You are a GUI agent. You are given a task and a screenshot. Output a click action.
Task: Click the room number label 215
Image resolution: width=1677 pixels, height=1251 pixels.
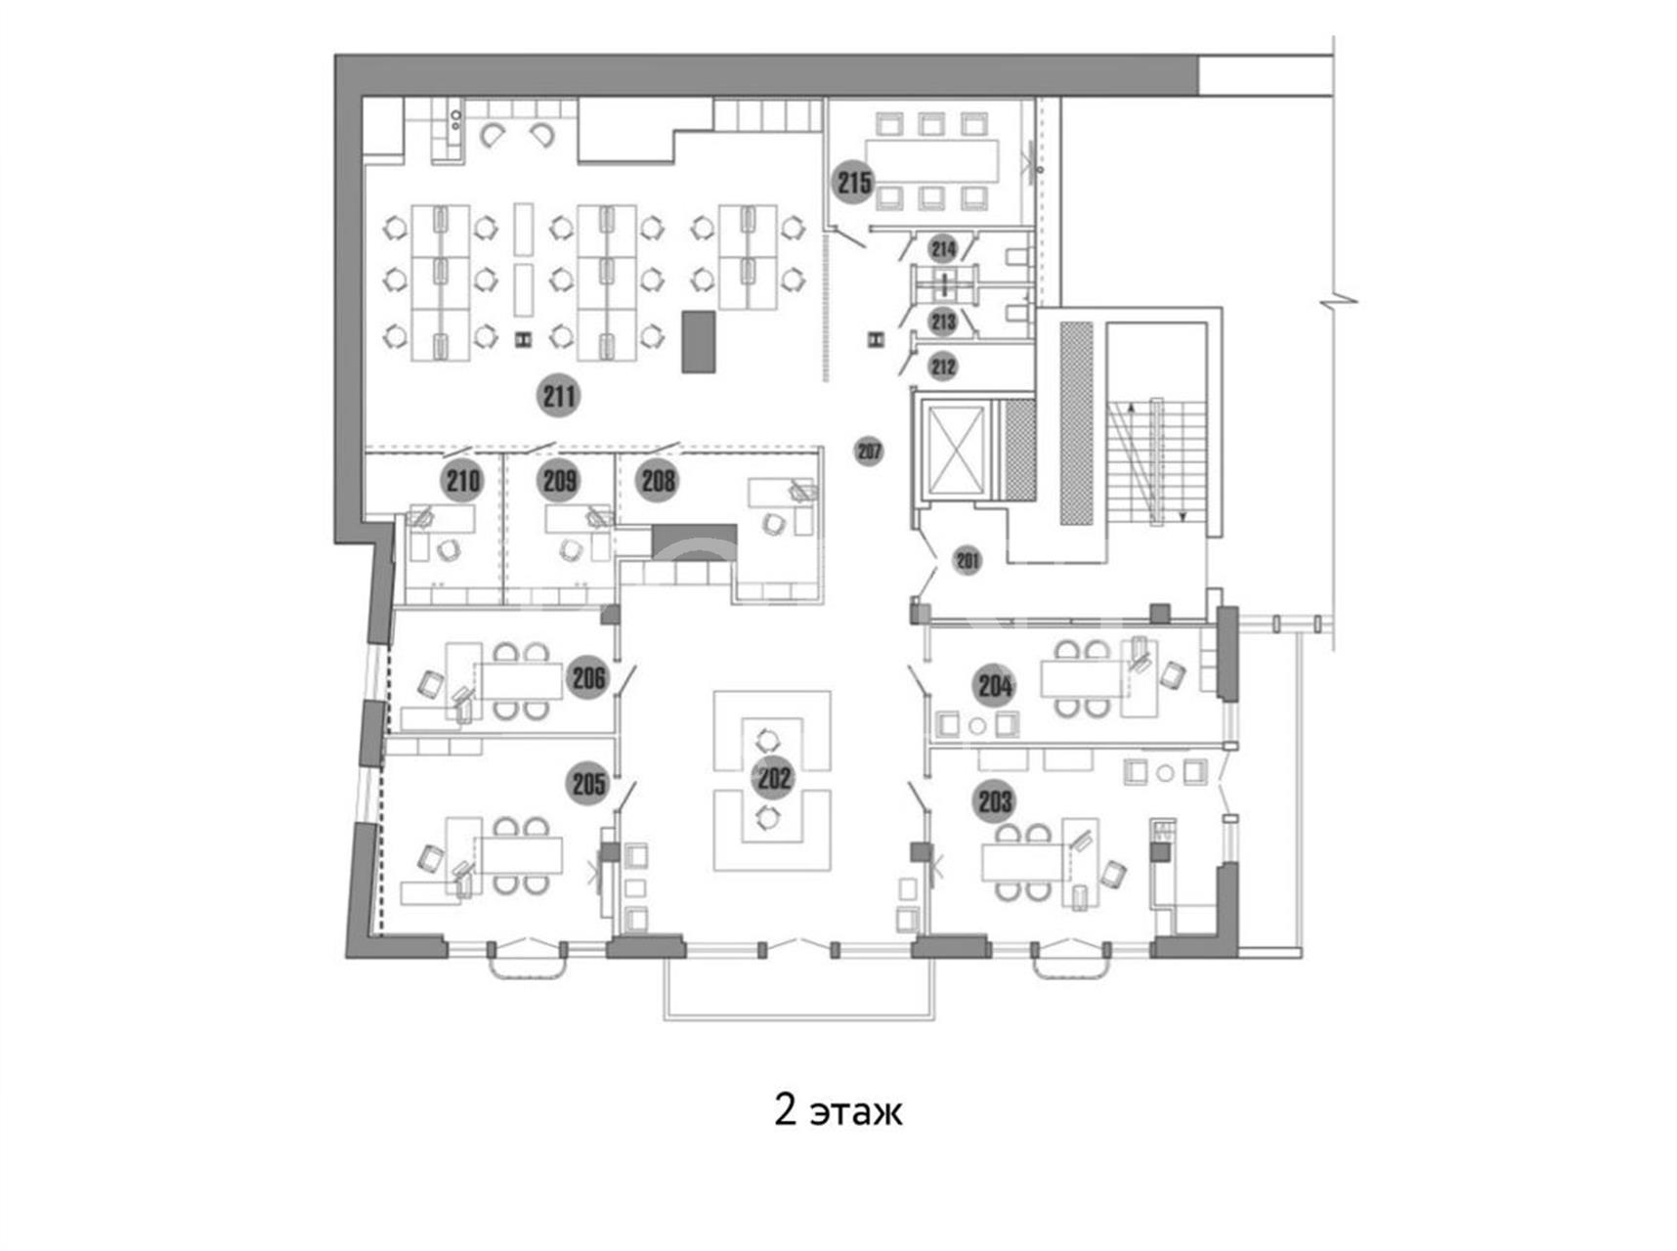[854, 183]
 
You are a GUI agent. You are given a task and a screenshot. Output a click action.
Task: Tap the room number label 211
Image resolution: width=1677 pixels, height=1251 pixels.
[559, 396]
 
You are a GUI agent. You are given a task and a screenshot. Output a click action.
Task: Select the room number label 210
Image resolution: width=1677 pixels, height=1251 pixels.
[462, 480]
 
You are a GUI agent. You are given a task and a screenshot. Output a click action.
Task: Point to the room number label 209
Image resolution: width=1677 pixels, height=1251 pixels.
[559, 480]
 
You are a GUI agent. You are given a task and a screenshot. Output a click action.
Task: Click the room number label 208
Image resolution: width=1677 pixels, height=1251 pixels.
[658, 480]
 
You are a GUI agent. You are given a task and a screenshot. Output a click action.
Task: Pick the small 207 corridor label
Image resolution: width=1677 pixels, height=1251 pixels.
[869, 451]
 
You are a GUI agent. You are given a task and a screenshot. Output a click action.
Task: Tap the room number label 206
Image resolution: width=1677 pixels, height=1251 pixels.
[588, 677]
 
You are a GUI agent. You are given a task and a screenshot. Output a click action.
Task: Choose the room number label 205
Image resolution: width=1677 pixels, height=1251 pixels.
[588, 783]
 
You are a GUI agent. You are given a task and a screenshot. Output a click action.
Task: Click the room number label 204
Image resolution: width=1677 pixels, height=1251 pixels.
[995, 686]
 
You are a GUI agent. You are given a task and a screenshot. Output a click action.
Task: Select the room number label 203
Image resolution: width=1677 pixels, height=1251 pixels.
[995, 802]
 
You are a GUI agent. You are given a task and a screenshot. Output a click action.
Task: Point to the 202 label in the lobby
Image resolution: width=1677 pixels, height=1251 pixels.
[773, 778]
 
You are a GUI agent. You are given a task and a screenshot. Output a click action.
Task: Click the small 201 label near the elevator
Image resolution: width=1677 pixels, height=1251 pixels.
[967, 560]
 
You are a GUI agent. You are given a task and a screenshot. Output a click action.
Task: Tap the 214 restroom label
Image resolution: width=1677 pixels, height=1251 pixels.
[943, 248]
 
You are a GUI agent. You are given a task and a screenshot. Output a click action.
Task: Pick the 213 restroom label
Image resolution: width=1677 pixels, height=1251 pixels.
[943, 321]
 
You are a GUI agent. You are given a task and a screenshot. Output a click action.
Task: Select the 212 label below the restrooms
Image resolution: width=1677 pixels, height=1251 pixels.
[943, 367]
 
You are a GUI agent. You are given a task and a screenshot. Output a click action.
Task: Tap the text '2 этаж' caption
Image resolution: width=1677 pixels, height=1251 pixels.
[838, 1110]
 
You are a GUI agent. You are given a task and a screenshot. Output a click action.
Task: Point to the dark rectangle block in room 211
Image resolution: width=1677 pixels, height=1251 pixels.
[699, 341]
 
